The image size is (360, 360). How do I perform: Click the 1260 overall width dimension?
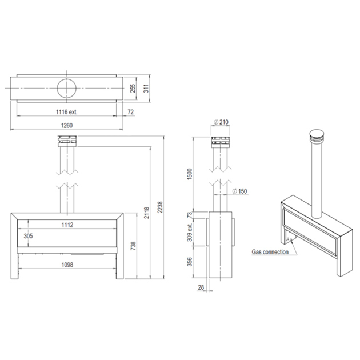click(67, 125)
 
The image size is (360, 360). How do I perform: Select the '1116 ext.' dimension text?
click(67, 112)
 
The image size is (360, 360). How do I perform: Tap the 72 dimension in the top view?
click(130, 112)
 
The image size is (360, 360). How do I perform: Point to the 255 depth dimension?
click(133, 89)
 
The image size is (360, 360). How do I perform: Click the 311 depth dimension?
click(146, 89)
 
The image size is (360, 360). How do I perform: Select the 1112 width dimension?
click(67, 225)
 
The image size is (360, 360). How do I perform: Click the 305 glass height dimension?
click(28, 236)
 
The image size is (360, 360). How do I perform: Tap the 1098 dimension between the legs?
click(67, 265)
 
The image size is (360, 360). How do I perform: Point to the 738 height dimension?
click(133, 246)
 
